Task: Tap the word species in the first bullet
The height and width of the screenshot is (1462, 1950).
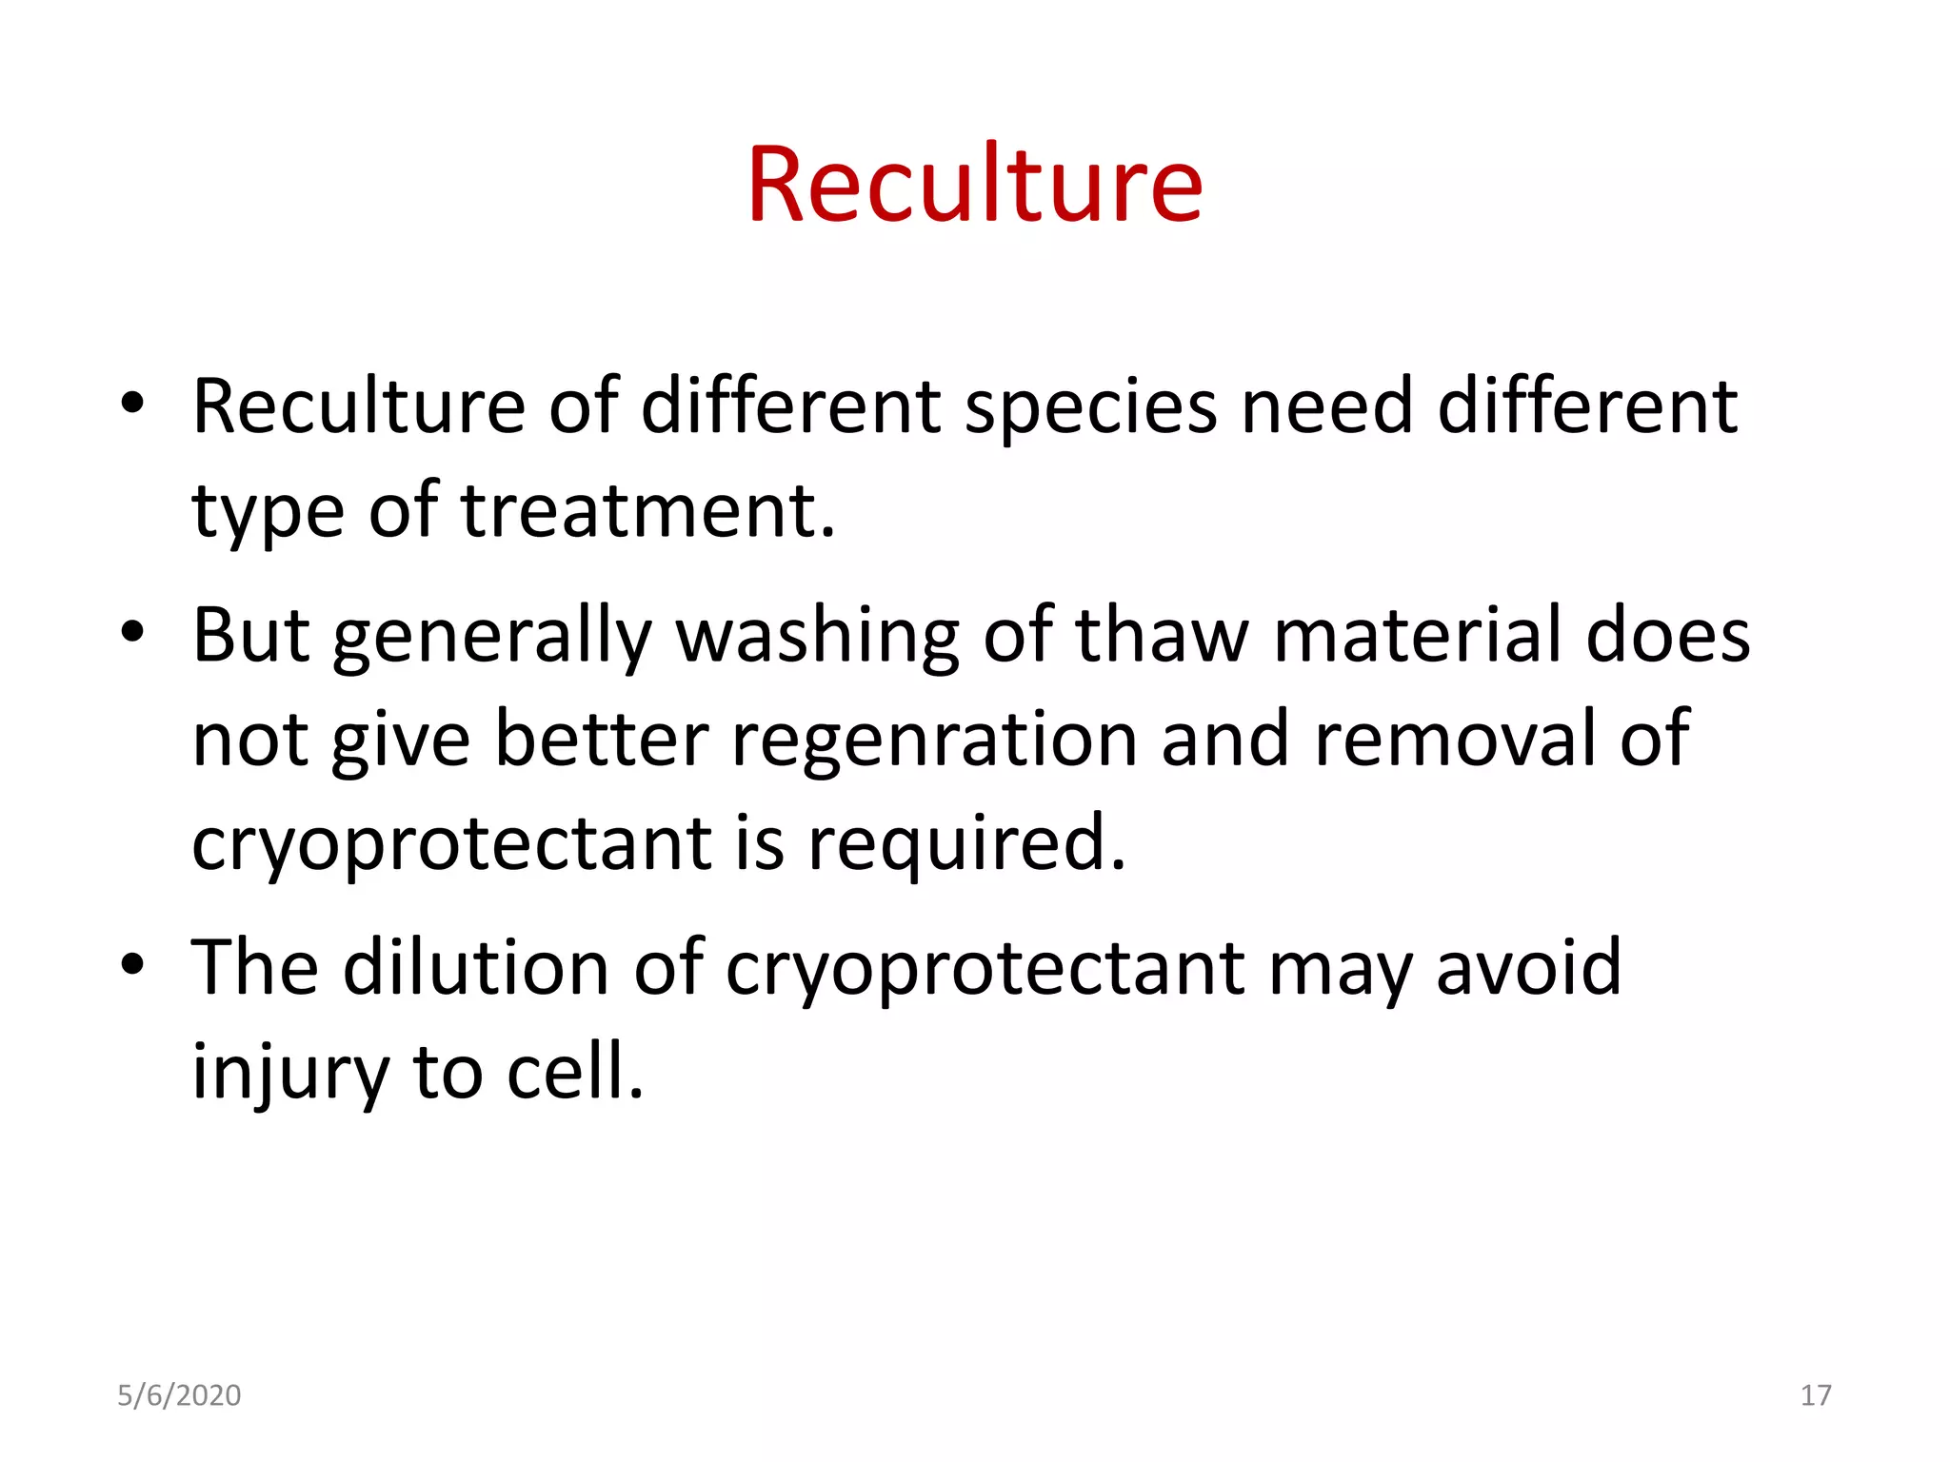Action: pos(1090,407)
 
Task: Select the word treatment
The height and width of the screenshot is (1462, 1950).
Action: pos(647,511)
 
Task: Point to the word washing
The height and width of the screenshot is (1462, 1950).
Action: pos(817,636)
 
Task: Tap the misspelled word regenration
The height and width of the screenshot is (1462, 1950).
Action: pos(934,740)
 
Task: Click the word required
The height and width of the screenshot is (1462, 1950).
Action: pos(966,844)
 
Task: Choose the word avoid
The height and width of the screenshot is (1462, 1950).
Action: pos(1528,968)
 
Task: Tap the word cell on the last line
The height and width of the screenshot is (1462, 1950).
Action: pos(574,1073)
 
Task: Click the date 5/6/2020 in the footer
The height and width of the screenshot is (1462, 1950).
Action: pos(179,1395)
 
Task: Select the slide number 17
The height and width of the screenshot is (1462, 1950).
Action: pos(1816,1395)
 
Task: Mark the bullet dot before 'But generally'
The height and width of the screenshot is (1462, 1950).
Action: pos(132,632)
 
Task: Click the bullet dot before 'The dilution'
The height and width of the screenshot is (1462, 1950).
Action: pos(132,964)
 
